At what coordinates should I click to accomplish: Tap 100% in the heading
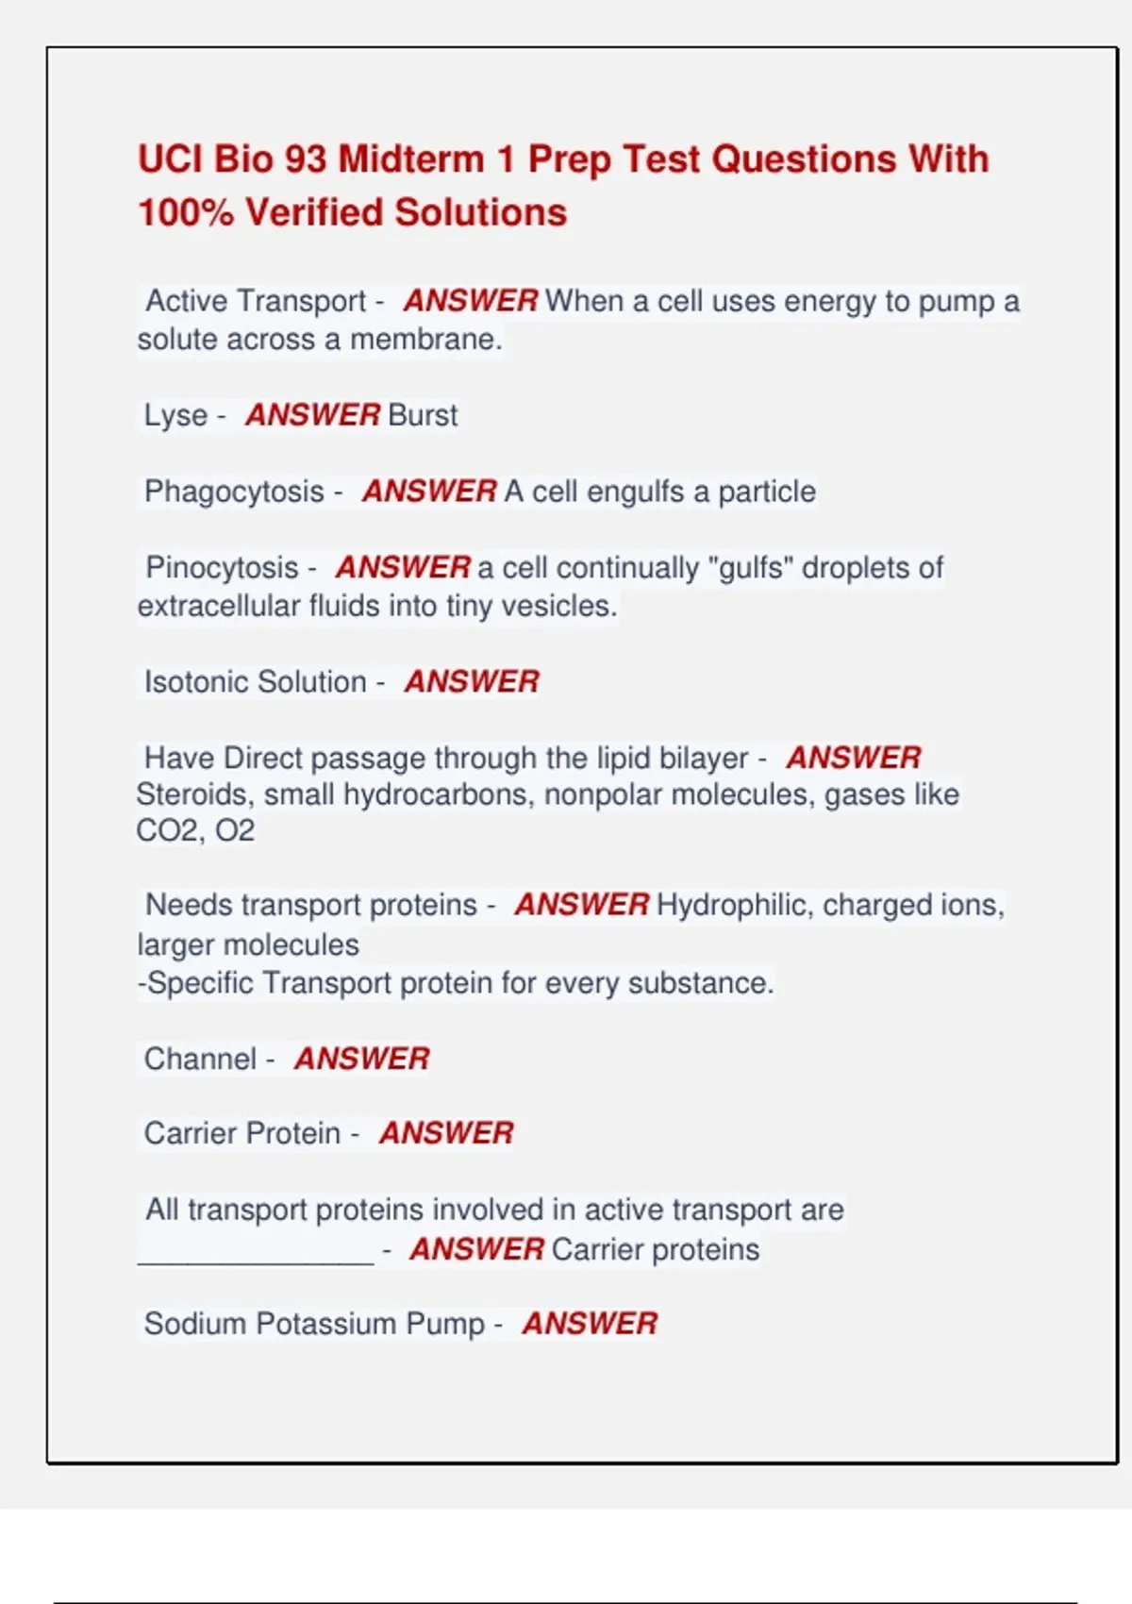click(186, 213)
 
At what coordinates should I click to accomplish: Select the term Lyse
click(175, 415)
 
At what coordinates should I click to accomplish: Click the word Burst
click(423, 415)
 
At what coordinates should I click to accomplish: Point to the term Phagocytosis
click(234, 492)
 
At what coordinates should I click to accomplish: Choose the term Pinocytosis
click(222, 568)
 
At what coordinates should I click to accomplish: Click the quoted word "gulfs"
click(750, 568)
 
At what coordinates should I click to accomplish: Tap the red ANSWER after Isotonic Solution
click(472, 681)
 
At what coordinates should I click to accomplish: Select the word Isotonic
click(195, 681)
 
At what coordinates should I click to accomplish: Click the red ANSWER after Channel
click(361, 1059)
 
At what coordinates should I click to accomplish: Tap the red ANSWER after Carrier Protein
click(446, 1133)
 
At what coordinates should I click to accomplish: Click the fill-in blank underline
click(256, 1260)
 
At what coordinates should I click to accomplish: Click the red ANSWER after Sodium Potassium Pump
click(590, 1324)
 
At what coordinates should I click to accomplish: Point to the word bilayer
click(698, 758)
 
